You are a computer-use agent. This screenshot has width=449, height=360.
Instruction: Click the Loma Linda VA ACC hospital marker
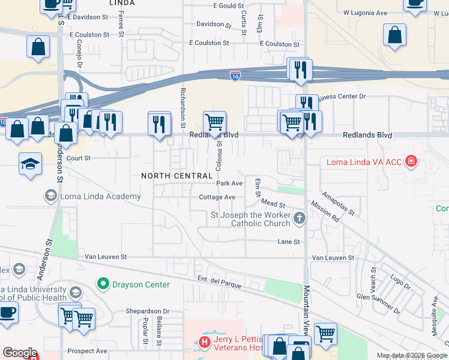411,161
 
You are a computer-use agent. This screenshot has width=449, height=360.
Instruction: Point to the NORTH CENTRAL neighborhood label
177,176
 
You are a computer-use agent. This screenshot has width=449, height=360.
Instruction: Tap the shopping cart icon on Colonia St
214,122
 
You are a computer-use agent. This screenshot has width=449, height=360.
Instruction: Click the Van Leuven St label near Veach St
332,257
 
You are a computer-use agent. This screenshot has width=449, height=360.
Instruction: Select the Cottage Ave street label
217,197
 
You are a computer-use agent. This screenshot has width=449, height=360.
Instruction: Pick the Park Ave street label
229,183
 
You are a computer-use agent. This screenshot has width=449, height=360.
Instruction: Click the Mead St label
273,205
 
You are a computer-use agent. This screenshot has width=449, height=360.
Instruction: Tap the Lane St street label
288,242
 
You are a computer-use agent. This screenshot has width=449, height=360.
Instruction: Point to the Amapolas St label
338,203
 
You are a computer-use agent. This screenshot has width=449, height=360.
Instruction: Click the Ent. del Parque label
220,282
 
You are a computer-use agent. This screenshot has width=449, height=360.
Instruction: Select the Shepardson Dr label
148,311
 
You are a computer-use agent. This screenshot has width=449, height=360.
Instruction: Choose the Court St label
78,158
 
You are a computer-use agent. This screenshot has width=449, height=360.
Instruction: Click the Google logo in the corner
20,353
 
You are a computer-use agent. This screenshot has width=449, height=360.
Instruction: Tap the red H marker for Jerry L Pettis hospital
205,343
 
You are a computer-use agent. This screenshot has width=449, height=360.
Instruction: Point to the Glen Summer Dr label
378,304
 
